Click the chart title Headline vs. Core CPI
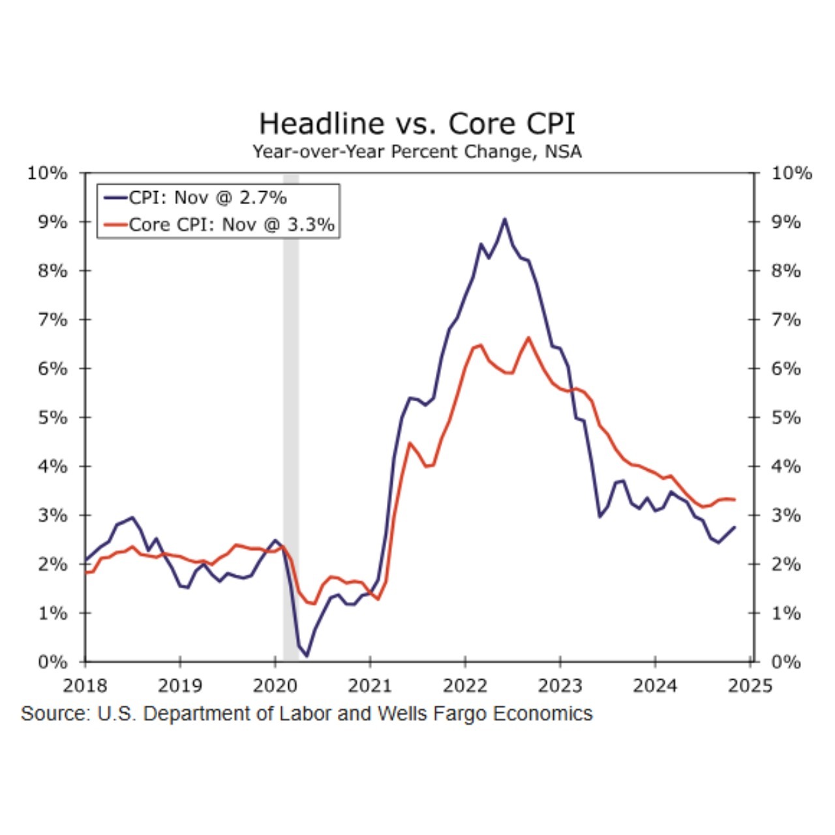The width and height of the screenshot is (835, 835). (417, 123)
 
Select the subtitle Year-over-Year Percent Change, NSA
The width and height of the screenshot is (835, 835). (417, 152)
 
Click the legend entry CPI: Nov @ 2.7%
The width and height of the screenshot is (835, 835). (207, 197)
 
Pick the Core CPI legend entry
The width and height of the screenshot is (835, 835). (231, 224)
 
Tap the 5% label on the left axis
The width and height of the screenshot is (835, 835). (52, 417)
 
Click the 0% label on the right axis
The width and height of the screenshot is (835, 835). (785, 661)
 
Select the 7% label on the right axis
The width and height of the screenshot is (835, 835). (785, 320)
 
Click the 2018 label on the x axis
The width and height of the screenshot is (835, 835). (85, 686)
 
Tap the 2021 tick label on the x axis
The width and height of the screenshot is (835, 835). (370, 686)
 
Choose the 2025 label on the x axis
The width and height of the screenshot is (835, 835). (750, 686)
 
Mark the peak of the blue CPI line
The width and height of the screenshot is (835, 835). (504, 219)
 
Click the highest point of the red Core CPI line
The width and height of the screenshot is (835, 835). (528, 337)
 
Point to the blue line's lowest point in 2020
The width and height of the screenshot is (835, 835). (307, 656)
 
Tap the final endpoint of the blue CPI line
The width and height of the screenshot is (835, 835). (735, 527)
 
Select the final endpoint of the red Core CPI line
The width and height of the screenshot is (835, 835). (735, 500)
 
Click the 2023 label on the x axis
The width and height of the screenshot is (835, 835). (560, 686)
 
